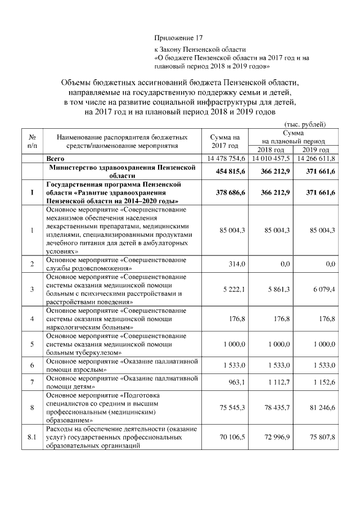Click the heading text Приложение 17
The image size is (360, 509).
pyautogui.click(x=178, y=38)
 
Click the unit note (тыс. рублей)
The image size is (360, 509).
pyautogui.click(x=306, y=124)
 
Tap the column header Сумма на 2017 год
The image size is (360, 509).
pyautogui.click(x=224, y=141)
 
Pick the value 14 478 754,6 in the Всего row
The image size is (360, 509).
pyautogui.click(x=226, y=159)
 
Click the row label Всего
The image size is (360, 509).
pyautogui.click(x=56, y=159)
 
